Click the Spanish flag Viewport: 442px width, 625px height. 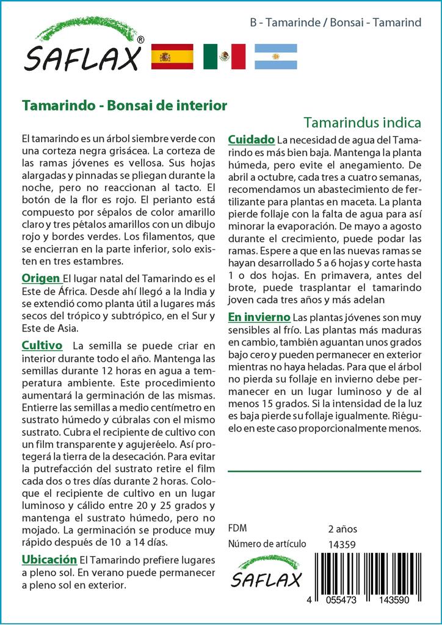(172, 57)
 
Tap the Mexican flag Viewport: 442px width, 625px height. (224, 57)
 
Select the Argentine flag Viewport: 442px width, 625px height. (276, 57)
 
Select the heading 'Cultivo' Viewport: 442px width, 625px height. (42, 345)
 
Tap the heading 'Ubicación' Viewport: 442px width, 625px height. (49, 559)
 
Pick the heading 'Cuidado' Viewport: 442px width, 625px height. (251, 140)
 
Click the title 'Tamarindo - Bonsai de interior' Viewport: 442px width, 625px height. (125, 105)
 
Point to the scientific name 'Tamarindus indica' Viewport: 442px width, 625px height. (362, 121)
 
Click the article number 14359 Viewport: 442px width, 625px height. (342, 544)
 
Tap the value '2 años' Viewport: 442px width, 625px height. (342, 529)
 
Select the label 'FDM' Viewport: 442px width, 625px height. (237, 529)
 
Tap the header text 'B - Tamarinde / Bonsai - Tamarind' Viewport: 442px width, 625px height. (336, 23)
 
